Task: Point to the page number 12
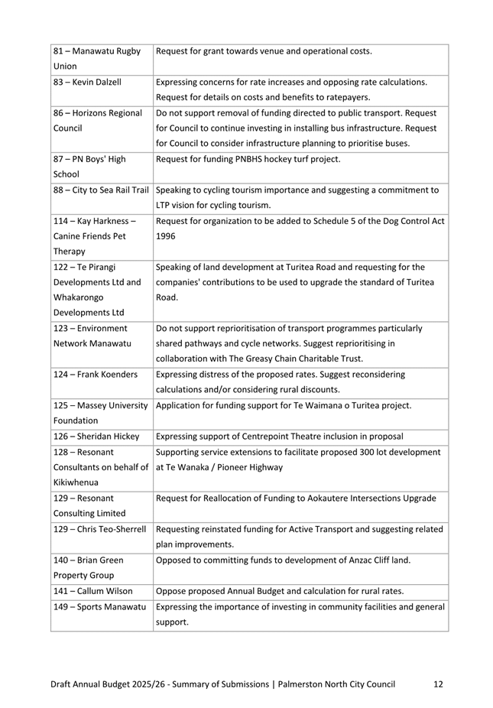click(x=438, y=684)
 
